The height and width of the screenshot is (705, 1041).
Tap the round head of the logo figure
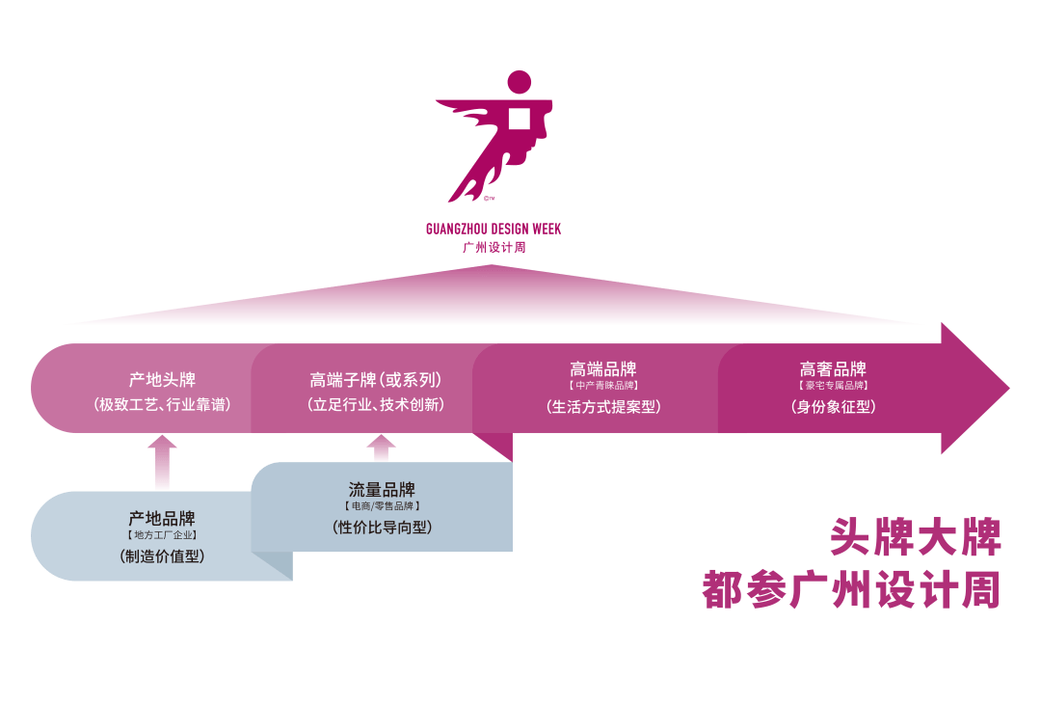[x=519, y=83]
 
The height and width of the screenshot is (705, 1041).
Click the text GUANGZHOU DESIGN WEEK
[x=493, y=230]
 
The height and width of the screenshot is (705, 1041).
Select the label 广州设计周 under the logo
[x=493, y=248]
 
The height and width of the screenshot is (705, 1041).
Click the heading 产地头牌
[x=162, y=380]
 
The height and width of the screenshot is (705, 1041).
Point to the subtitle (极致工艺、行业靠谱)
[x=162, y=405]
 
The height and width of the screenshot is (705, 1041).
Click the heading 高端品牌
[x=603, y=369]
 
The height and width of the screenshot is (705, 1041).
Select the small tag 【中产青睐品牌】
[x=603, y=386]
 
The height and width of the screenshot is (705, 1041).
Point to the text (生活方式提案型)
[x=603, y=407]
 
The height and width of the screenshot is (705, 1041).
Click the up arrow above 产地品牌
[x=162, y=460]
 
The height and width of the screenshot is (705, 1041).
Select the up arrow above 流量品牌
[x=382, y=447]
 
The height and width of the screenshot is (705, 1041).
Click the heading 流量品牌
[x=382, y=490]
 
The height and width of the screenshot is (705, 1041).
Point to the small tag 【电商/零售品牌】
[x=382, y=506]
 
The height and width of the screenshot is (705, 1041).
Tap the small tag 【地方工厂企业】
[x=162, y=535]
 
